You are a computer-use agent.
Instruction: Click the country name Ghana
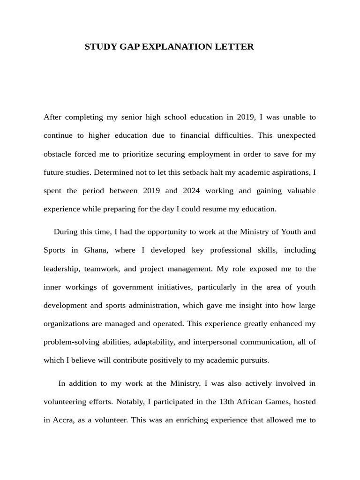point(96,250)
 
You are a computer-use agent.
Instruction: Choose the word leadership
point(62,269)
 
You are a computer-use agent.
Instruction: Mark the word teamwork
point(102,269)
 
